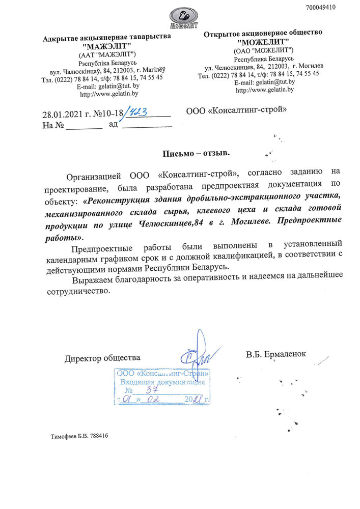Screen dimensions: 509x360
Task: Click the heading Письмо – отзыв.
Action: coord(196,153)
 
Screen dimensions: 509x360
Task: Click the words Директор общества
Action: coord(102,358)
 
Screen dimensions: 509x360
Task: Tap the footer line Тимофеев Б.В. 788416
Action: coord(79,436)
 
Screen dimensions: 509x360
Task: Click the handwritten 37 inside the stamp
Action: coord(152,390)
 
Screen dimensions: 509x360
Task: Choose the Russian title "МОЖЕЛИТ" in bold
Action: coord(263,42)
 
